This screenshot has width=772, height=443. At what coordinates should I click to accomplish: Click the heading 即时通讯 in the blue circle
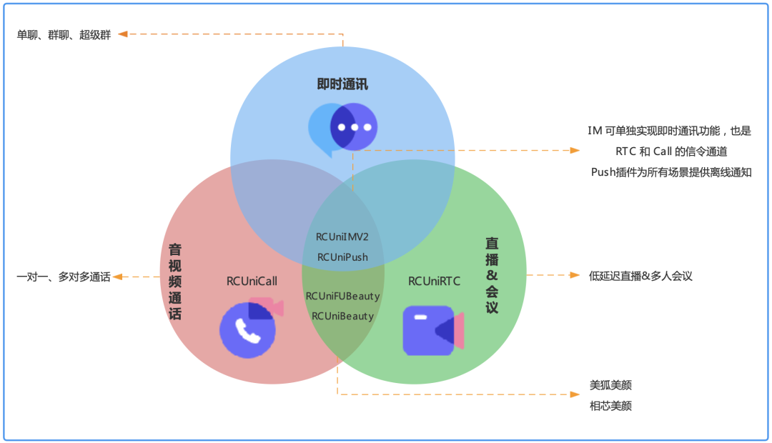(342, 84)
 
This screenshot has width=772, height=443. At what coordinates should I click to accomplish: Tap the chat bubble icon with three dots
(343, 129)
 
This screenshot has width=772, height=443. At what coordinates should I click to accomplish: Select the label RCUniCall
(252, 281)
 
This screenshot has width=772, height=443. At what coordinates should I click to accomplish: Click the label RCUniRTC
(434, 281)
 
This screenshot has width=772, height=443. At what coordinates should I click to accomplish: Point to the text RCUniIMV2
(342, 237)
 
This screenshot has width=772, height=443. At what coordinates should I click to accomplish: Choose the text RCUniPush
(342, 257)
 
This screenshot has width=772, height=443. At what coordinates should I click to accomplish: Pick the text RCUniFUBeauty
(342, 296)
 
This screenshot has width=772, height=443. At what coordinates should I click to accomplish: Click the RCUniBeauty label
(342, 316)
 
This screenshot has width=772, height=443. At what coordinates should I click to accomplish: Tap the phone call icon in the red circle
(247, 329)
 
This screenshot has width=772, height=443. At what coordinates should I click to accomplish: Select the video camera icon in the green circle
(432, 331)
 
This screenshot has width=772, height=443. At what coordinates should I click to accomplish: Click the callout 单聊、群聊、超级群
(64, 34)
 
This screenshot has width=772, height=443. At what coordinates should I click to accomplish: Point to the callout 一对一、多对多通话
(64, 277)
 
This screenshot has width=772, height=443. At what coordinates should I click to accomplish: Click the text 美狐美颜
(610, 385)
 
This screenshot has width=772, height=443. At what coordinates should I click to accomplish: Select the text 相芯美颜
(610, 406)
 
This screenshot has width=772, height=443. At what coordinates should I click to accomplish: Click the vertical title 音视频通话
(174, 282)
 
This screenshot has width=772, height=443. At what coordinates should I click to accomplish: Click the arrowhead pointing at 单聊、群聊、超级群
(123, 34)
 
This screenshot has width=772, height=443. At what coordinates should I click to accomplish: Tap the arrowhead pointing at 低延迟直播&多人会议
(575, 275)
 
